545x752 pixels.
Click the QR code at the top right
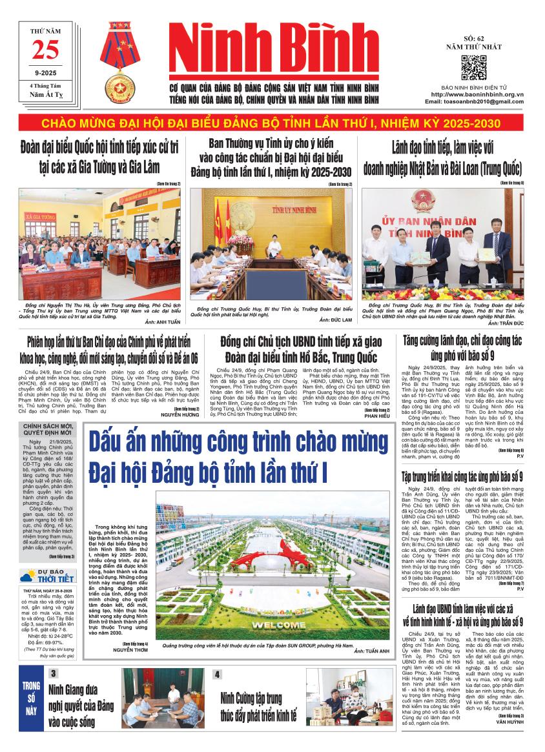473,67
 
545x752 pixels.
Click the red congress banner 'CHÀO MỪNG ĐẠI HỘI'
272,123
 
